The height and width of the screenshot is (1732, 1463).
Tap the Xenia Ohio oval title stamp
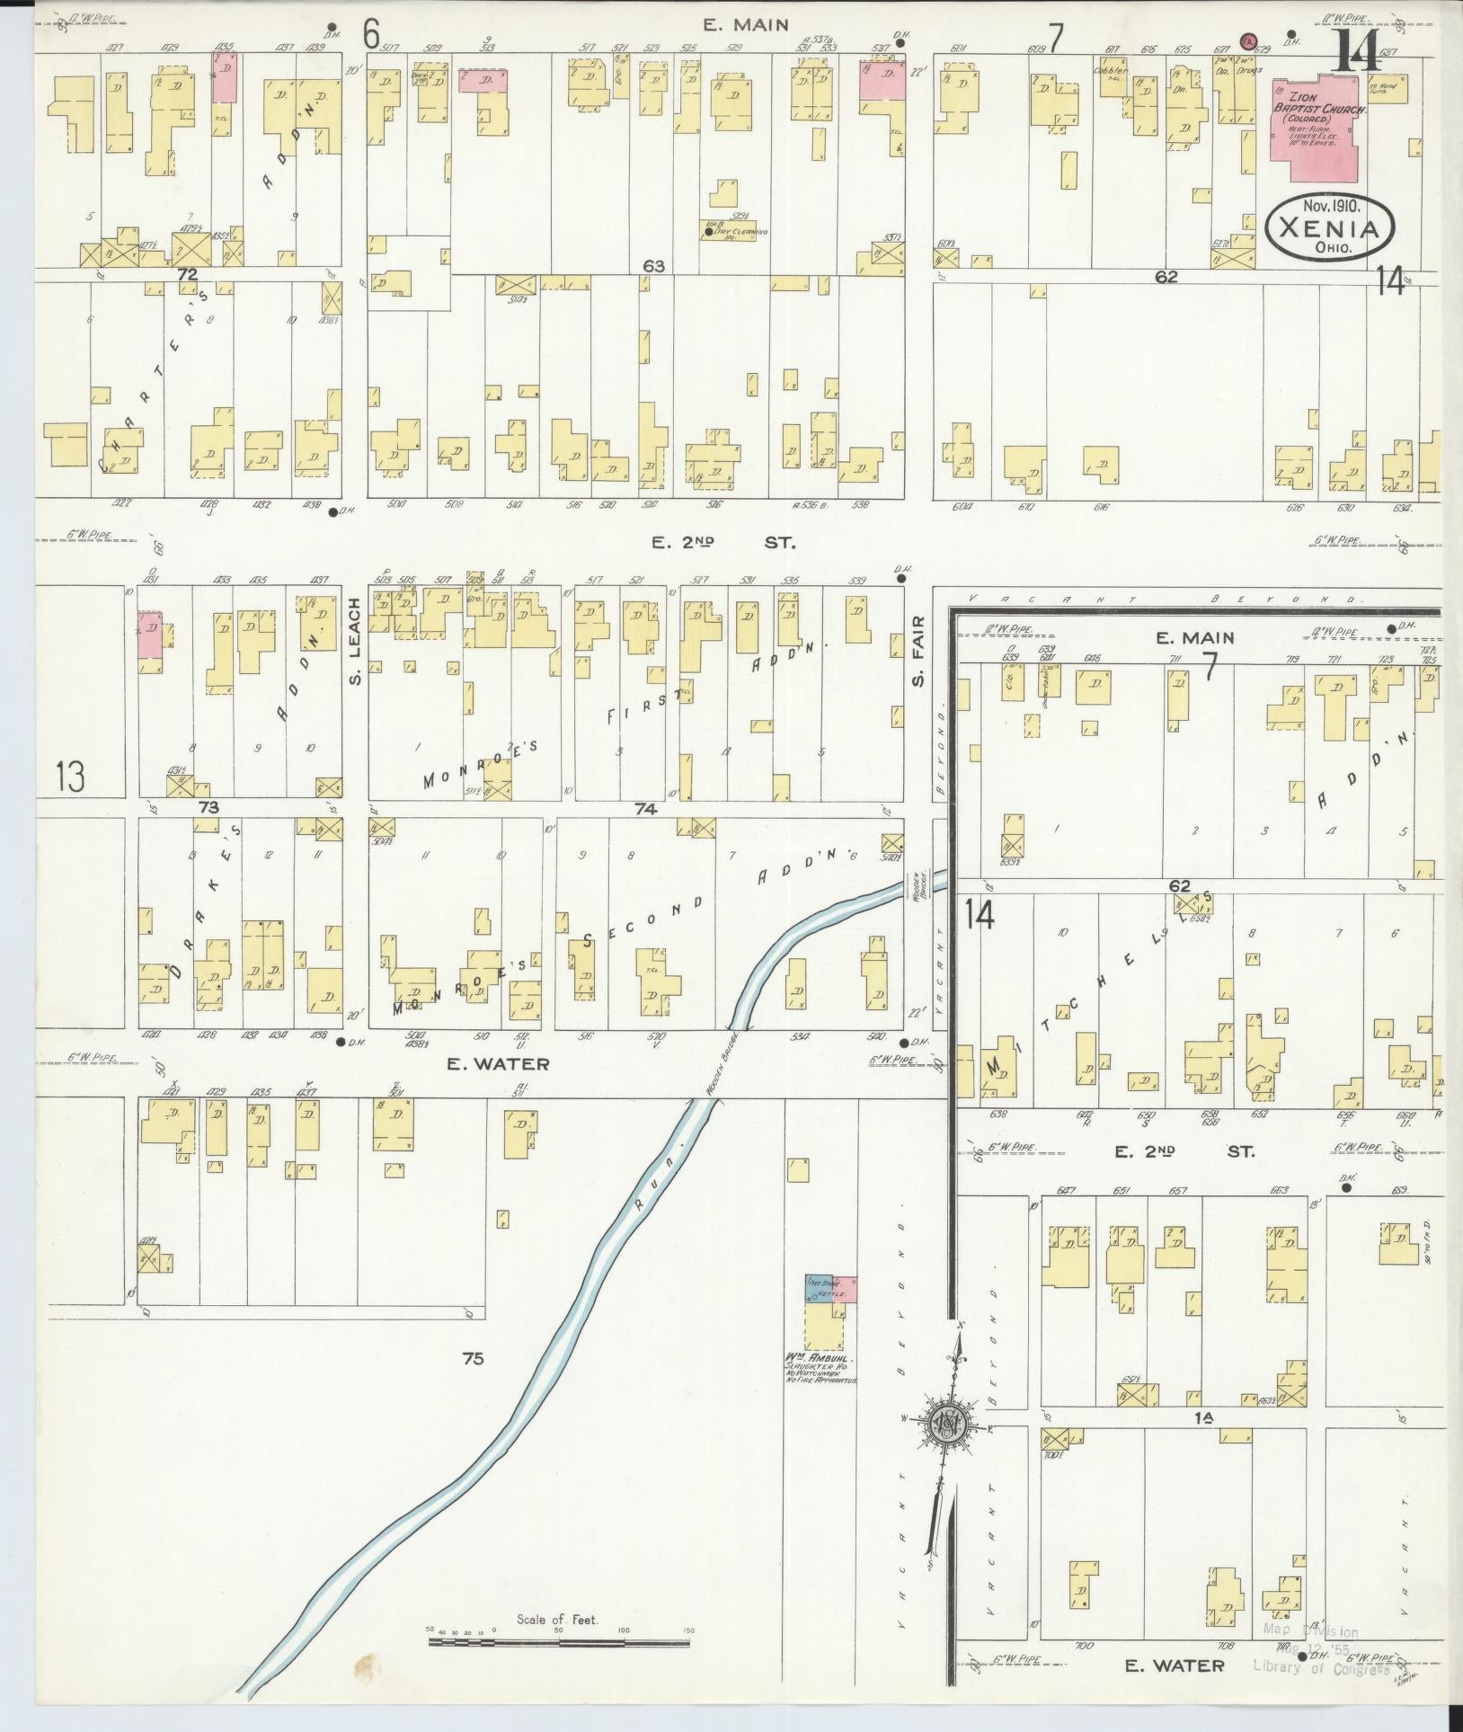click(1329, 230)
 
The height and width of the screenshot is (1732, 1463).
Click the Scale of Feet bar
click(558, 1642)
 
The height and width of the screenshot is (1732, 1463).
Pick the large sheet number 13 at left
click(70, 777)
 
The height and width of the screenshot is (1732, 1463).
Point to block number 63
click(653, 266)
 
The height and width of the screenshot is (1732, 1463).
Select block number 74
click(645, 809)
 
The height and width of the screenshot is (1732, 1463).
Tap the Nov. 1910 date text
click(1328, 205)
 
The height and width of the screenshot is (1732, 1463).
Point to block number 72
click(187, 274)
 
